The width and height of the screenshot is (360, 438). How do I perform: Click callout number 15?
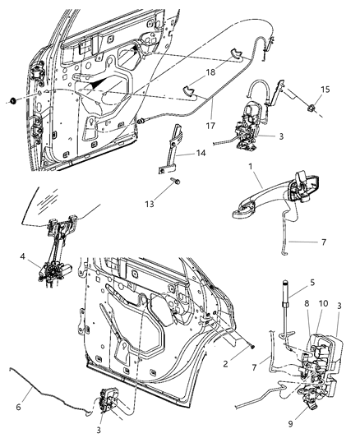(324, 89)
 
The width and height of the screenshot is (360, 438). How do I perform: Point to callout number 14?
(201, 153)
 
